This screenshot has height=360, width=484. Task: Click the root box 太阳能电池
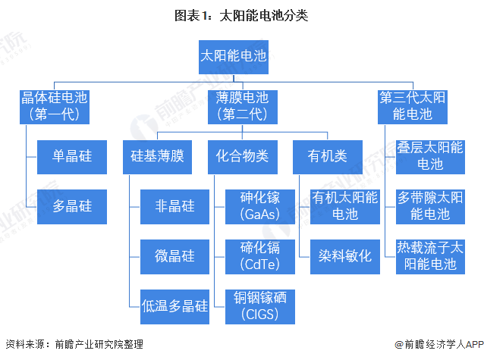(233, 56)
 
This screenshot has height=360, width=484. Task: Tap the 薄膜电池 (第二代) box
(242, 106)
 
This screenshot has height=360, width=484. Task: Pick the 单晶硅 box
(72, 156)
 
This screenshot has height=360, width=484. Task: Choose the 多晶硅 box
(72, 205)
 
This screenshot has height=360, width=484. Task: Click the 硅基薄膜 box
(157, 156)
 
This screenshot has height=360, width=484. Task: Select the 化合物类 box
(242, 156)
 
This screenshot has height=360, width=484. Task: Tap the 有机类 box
(327, 156)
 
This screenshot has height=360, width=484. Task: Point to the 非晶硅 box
(175, 205)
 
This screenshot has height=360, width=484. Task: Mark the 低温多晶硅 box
(175, 305)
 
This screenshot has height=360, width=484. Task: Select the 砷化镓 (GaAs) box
(259, 205)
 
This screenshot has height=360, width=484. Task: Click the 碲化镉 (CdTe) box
(259, 255)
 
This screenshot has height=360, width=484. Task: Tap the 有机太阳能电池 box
(345, 205)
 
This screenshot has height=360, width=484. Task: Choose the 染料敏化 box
(345, 255)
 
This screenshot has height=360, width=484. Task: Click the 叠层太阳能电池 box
(430, 156)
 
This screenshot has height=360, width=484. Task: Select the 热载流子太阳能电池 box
(430, 255)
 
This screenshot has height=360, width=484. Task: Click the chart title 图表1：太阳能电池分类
(241, 14)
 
